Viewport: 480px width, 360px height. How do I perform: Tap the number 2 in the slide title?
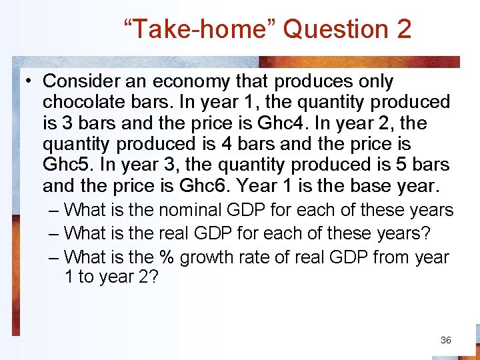coord(403,29)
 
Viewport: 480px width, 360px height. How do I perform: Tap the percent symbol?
coord(165,257)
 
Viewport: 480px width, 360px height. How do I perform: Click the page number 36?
coord(446,340)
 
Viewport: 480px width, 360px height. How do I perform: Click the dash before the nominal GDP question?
coord(55,211)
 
